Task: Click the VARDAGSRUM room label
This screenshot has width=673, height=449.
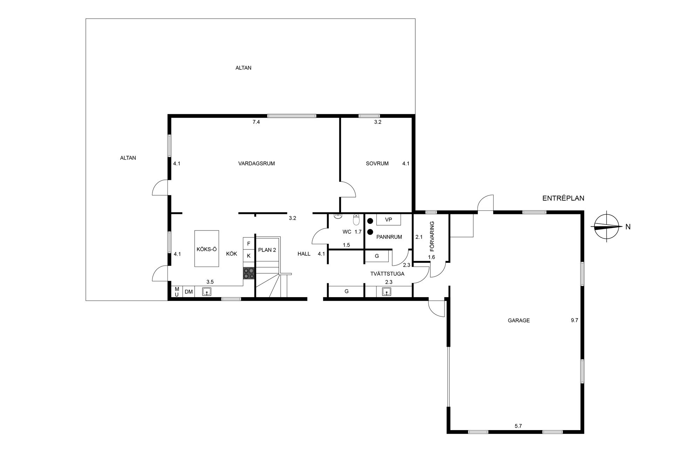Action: click(x=256, y=163)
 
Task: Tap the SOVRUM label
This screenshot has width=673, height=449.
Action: click(x=377, y=163)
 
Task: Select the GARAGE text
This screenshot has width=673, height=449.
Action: click(x=519, y=320)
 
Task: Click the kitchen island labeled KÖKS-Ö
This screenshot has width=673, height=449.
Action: click(x=207, y=249)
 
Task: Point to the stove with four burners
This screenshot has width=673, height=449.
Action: click(x=249, y=273)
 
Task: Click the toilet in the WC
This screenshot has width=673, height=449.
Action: click(x=356, y=220)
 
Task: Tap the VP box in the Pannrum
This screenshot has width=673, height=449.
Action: click(x=388, y=220)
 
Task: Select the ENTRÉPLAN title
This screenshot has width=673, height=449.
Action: click(x=563, y=198)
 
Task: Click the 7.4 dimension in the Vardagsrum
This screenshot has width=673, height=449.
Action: click(x=256, y=122)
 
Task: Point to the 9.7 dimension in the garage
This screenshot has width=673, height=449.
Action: click(x=574, y=320)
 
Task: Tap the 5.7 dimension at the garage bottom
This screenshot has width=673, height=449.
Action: click(x=518, y=426)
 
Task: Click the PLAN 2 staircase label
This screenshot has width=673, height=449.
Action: click(x=267, y=250)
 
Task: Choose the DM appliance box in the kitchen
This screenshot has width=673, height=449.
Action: click(x=189, y=291)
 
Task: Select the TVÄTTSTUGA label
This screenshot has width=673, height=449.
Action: click(x=387, y=274)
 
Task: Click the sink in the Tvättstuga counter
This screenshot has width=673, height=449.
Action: click(x=387, y=291)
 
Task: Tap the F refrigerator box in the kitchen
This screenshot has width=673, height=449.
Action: click(x=249, y=243)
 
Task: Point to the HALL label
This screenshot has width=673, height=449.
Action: click(x=304, y=254)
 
